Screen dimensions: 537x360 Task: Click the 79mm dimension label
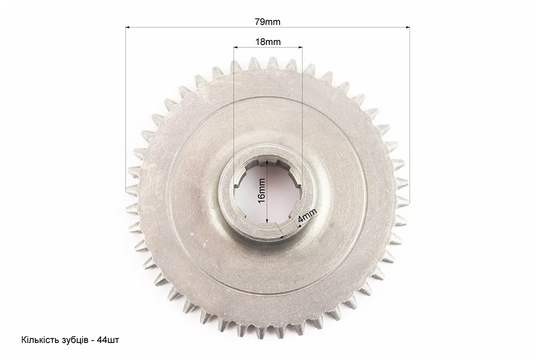[x=267, y=22]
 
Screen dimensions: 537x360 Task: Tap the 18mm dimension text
[x=268, y=42]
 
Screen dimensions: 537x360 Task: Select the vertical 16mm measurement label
[x=262, y=191]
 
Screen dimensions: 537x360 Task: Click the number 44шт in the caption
[x=108, y=340]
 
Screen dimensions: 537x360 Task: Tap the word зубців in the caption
[x=70, y=341]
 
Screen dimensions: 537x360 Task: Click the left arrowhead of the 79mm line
[x=128, y=27]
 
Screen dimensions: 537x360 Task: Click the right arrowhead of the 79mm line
[x=407, y=27]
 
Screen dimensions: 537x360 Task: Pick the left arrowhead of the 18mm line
[x=236, y=47]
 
